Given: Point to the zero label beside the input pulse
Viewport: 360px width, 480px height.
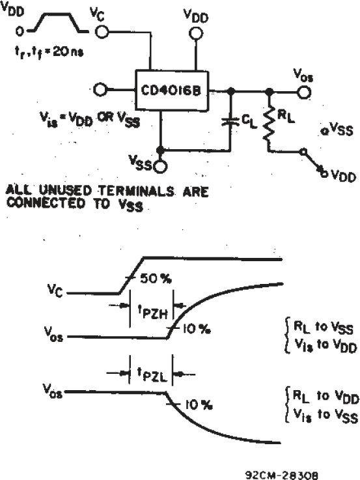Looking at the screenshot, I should (19, 30).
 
